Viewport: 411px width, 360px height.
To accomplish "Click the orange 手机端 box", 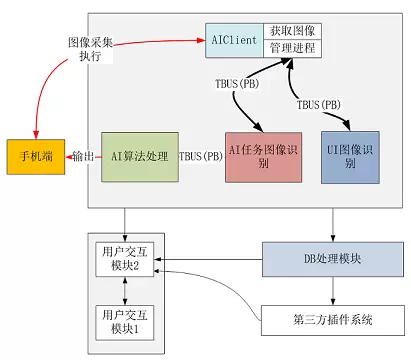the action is point(36,157).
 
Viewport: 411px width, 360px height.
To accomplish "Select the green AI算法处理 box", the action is point(140,157).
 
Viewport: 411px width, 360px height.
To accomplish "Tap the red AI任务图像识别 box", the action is point(263,157).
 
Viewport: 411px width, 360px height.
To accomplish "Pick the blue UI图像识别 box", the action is point(350,157).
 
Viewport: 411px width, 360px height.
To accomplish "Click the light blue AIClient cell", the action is point(234,40).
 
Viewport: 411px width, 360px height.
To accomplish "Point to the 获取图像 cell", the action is point(292,31).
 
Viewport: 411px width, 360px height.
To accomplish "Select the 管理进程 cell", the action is point(292,49).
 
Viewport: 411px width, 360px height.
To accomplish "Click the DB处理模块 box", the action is point(333,259).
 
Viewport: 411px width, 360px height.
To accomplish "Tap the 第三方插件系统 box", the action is point(333,320).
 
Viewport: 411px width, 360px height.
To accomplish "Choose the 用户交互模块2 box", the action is point(125,259).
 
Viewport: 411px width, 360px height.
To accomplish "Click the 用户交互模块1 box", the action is point(125,323).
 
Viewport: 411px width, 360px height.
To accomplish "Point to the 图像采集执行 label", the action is point(90,49).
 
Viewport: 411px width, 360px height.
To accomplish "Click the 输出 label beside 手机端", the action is point(83,156).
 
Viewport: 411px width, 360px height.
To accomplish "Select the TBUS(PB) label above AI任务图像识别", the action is point(237,84).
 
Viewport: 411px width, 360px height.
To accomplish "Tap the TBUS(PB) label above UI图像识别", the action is point(319,105).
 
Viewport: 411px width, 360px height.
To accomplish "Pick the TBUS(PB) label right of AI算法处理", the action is point(201,156).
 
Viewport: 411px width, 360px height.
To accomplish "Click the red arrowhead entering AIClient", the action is point(201,40).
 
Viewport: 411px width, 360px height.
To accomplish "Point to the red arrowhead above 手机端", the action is point(36,134).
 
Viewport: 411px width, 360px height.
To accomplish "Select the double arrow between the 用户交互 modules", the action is point(125,291).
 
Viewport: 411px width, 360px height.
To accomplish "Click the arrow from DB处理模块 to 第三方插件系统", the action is point(333,291).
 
